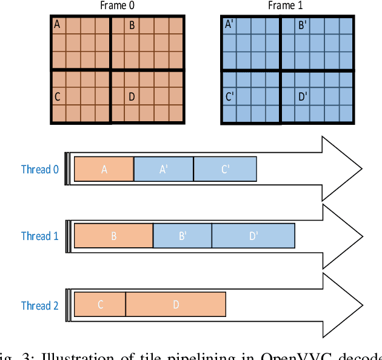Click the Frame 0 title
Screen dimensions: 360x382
point(118,6)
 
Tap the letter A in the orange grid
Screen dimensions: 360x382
point(58,25)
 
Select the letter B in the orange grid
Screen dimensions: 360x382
point(131,25)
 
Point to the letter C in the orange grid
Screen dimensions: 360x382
point(58,96)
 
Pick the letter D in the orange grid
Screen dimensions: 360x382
point(131,96)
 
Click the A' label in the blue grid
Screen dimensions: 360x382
point(229,25)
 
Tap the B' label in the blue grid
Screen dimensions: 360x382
point(302,25)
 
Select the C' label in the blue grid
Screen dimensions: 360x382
point(229,96)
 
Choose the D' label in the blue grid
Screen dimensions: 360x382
point(303,96)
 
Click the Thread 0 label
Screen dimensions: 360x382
point(40,169)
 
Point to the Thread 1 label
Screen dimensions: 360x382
point(40,236)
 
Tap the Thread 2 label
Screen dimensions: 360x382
point(40,305)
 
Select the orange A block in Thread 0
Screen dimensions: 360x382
point(104,169)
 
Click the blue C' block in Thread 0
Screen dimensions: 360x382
point(225,169)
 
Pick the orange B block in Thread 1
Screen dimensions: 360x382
point(113,236)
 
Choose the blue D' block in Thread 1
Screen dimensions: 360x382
point(253,236)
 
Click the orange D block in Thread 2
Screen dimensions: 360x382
point(176,304)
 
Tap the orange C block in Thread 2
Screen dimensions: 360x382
point(100,304)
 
